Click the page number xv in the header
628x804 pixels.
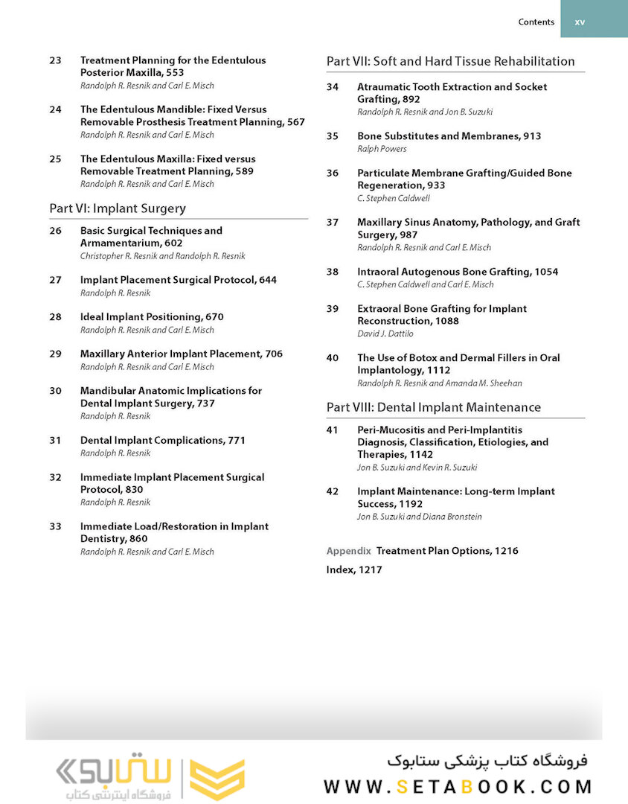580,22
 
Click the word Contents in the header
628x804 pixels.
536,22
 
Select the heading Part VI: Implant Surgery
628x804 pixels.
118,208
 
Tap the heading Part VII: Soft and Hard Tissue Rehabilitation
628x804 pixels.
450,61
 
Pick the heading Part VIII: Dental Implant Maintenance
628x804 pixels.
433,407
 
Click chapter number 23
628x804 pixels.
56,60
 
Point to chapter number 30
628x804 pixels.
56,391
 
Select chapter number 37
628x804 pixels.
333,223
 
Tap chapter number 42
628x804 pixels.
333,491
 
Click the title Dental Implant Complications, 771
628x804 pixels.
162,440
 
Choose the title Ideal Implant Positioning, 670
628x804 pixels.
152,316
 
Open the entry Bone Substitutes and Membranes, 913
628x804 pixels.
449,136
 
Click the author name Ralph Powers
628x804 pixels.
382,149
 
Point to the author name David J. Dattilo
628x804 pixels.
385,334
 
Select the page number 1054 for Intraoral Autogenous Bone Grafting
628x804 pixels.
545,272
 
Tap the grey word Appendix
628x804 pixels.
348,551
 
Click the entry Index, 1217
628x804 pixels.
353,570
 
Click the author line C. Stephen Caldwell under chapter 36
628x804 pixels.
394,199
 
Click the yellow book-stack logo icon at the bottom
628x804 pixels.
217,779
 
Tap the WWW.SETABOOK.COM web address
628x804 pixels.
458,786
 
